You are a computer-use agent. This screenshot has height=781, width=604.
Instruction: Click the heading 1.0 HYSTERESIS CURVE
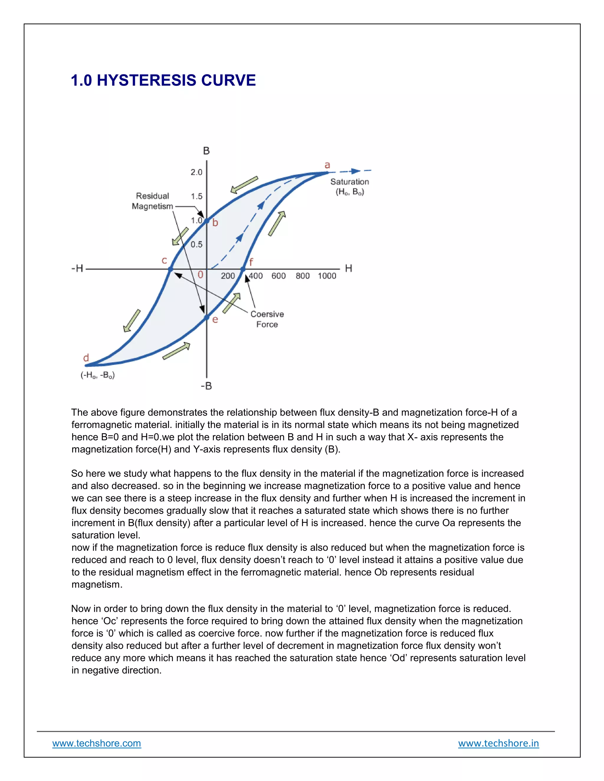(x=163, y=80)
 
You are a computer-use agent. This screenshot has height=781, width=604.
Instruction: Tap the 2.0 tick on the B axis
(x=196, y=172)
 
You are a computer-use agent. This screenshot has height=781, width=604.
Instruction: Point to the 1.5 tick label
(x=196, y=196)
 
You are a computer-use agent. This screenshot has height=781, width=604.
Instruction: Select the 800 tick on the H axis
(x=303, y=276)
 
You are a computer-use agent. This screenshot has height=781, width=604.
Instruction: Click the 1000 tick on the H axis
(x=327, y=276)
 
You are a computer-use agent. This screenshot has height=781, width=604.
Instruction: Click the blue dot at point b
(x=206, y=221)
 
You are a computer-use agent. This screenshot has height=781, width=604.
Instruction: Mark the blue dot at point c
(x=171, y=269)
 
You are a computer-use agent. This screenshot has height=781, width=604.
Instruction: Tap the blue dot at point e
(x=206, y=317)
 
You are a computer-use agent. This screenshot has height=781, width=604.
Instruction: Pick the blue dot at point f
(x=243, y=269)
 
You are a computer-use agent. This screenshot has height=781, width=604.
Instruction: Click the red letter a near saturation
(x=327, y=165)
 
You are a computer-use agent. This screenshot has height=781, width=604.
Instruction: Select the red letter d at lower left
(x=86, y=358)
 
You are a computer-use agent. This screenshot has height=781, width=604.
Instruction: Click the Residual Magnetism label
(x=152, y=201)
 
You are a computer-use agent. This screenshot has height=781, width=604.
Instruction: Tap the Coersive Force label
(x=267, y=319)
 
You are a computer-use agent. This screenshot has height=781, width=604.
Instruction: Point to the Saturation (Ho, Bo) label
(x=349, y=187)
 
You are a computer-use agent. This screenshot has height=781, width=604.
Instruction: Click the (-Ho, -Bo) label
(x=98, y=375)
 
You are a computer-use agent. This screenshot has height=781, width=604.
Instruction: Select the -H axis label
(x=77, y=268)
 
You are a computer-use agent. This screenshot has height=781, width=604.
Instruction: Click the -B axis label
(x=206, y=386)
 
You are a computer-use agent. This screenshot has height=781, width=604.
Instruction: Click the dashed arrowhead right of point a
(x=355, y=171)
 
